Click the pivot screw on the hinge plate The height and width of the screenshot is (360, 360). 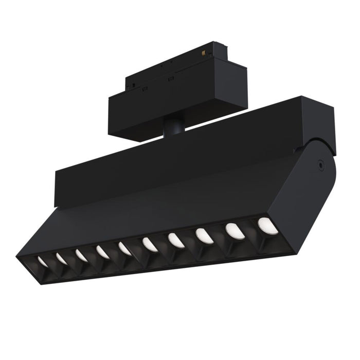tap(321, 166)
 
